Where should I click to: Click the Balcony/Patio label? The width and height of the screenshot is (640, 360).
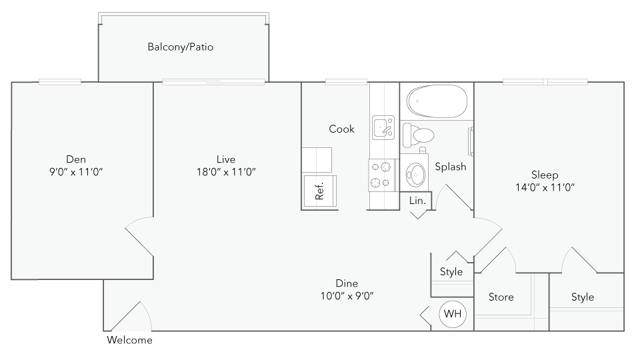[x=181, y=47]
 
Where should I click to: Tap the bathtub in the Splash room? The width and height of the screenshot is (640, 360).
[x=437, y=101]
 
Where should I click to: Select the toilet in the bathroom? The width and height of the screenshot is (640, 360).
[x=418, y=135]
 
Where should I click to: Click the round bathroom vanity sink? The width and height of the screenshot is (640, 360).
[x=415, y=174]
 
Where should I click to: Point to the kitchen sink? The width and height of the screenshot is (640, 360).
[x=383, y=127]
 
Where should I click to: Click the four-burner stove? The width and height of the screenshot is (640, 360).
[x=382, y=175]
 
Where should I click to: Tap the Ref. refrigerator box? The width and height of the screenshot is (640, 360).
[x=320, y=191]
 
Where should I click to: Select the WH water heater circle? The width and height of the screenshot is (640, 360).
[x=452, y=313]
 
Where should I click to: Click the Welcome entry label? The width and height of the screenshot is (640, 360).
[x=129, y=340]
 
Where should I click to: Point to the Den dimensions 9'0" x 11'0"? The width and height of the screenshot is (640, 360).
[x=76, y=172]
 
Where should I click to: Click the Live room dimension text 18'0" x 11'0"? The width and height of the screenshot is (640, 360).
[x=226, y=172]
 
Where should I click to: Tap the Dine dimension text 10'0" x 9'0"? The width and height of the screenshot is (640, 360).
[x=347, y=296]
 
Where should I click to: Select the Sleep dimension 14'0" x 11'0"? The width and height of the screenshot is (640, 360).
[x=545, y=187]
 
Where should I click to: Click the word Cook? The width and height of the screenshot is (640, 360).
[x=341, y=129]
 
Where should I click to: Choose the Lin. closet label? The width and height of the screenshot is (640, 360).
[x=417, y=201]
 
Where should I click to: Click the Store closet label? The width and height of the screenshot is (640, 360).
[x=501, y=297]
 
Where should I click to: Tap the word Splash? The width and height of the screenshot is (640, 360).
[x=450, y=167]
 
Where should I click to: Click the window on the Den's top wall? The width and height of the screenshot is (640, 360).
[x=60, y=82]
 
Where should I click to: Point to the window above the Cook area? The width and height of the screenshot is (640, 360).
[x=346, y=82]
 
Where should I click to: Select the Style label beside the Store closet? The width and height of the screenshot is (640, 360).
[x=583, y=297]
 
